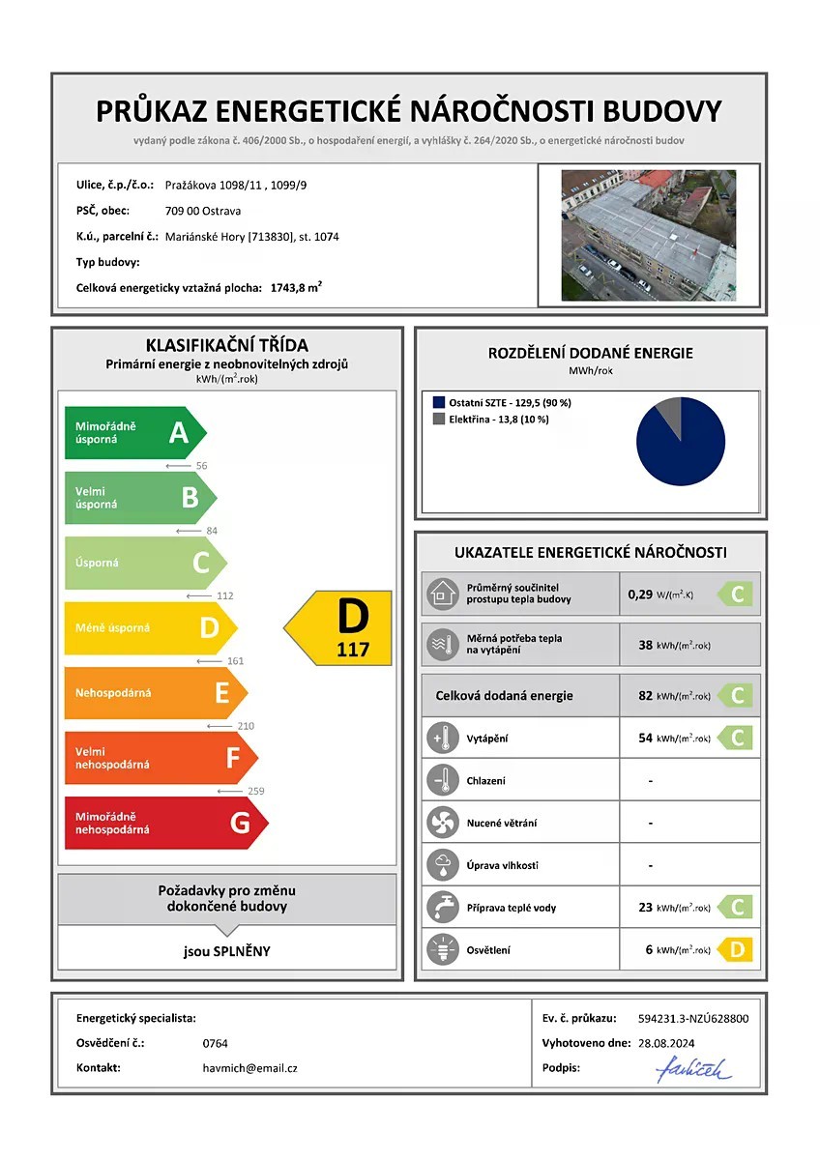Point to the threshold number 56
(x=201, y=466)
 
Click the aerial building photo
(x=648, y=236)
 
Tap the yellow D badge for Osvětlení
(x=735, y=950)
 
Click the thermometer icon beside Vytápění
(x=442, y=739)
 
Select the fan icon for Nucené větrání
(x=442, y=823)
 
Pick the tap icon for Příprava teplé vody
(x=442, y=908)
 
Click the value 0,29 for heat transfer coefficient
(x=640, y=594)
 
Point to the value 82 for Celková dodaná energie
(x=645, y=695)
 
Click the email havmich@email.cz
(x=244, y=1068)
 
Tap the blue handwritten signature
(x=693, y=1069)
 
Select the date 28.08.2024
(x=666, y=1043)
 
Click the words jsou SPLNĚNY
(x=227, y=951)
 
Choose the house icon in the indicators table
(x=442, y=594)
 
